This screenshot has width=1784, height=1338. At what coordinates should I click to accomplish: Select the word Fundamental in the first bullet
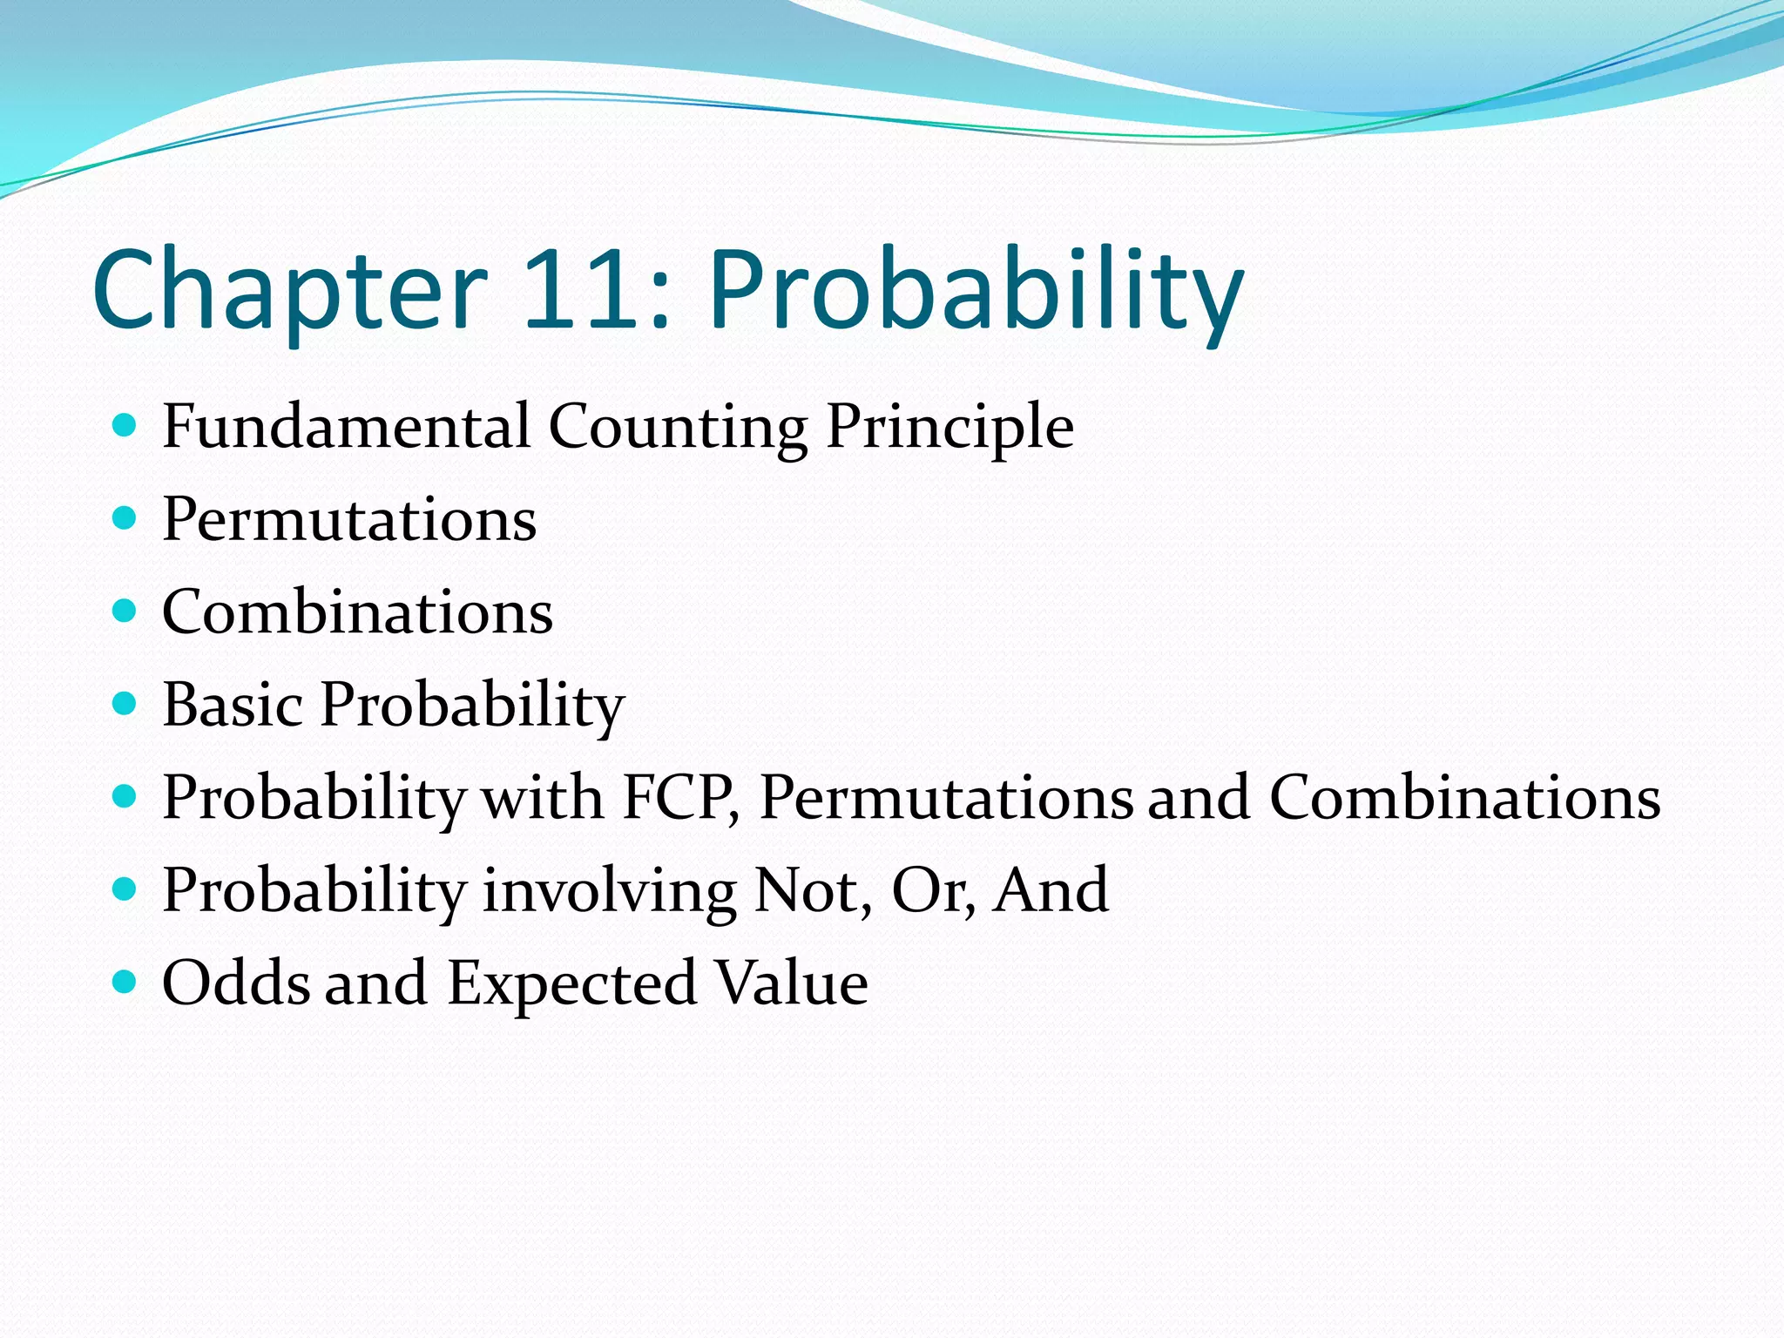coord(346,426)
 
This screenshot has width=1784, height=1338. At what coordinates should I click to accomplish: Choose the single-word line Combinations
coord(357,612)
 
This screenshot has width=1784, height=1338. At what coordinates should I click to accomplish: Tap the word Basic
coord(233,704)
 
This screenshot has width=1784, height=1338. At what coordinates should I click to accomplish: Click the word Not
coord(810,890)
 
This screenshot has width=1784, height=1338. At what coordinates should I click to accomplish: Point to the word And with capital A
coord(1051,890)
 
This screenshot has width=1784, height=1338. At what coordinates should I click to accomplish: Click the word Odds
coord(236,983)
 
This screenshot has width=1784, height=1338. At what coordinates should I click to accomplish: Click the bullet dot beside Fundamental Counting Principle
coord(125,425)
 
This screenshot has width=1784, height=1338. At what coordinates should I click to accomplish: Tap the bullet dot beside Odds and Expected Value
coord(125,982)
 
